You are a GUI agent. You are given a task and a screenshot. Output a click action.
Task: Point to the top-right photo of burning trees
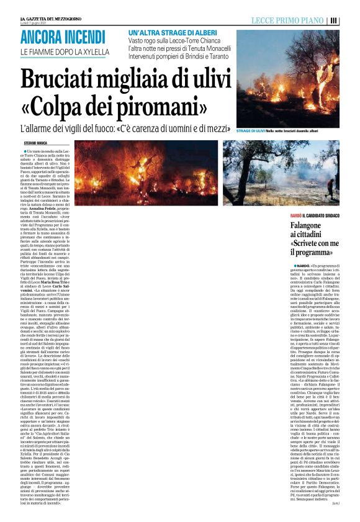click(289, 78)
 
